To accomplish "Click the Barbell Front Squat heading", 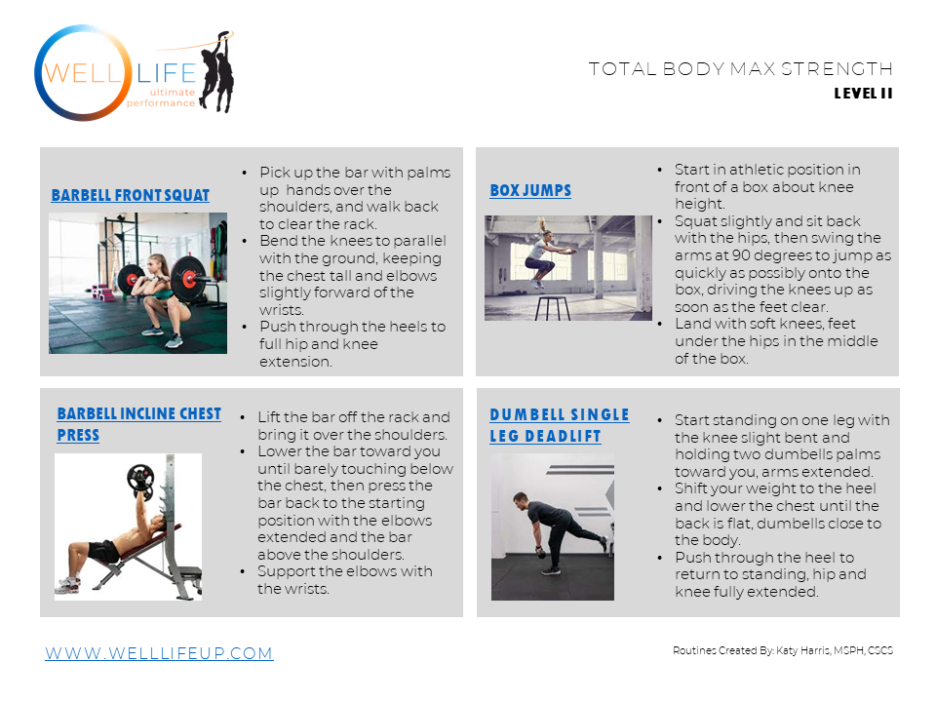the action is [x=130, y=195].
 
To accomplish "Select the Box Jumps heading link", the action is [x=530, y=190].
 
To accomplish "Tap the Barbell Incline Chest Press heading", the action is [x=139, y=424].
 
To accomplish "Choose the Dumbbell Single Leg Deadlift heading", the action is [x=560, y=425].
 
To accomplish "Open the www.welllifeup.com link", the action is [x=159, y=653].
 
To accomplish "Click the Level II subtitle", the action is [x=863, y=94].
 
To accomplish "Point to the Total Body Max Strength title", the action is [x=741, y=68].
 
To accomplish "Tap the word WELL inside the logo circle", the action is [x=83, y=73].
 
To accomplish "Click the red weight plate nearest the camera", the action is [x=188, y=277].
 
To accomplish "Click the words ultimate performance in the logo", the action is [x=161, y=97].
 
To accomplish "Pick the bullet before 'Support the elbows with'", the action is [x=243, y=572].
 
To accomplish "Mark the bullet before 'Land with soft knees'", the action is [x=660, y=324].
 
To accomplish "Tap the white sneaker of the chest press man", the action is [x=67, y=586].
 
